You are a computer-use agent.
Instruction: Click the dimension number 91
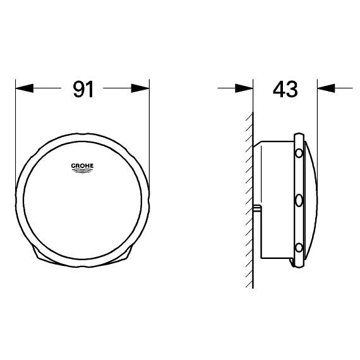(x=83, y=89)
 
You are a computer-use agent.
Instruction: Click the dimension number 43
(x=285, y=89)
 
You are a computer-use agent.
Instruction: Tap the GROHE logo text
(x=82, y=165)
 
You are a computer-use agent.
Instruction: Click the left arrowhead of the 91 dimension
(x=25, y=88)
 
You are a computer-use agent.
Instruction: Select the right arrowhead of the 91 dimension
(x=140, y=88)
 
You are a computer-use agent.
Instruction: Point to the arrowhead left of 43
(x=244, y=88)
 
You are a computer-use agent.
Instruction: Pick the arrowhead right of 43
(x=326, y=88)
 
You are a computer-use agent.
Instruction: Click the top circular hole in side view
(x=299, y=153)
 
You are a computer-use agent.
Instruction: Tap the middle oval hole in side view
(x=299, y=201)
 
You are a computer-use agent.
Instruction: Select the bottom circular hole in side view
(x=299, y=248)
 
